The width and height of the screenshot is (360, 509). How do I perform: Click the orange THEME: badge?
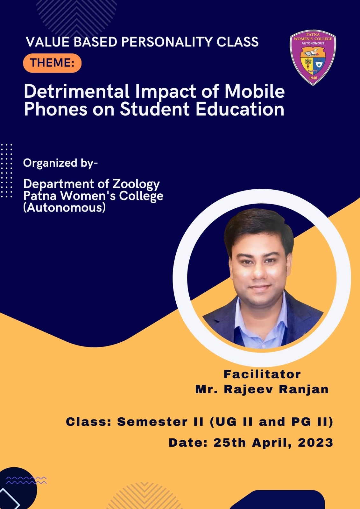point(52,63)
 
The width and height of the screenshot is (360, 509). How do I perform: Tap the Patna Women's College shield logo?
point(313,58)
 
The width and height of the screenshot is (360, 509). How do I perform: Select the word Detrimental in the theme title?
point(77,91)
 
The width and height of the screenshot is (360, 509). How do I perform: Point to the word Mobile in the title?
point(254,91)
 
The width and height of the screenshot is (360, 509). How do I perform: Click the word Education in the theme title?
point(240,109)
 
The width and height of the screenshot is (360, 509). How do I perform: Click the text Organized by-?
point(60,164)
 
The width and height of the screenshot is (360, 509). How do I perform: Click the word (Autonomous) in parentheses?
point(65,207)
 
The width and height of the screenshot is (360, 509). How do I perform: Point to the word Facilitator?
point(262,374)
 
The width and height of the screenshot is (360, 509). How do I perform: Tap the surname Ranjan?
point(304,389)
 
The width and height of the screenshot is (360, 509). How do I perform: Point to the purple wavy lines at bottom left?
point(26,480)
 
